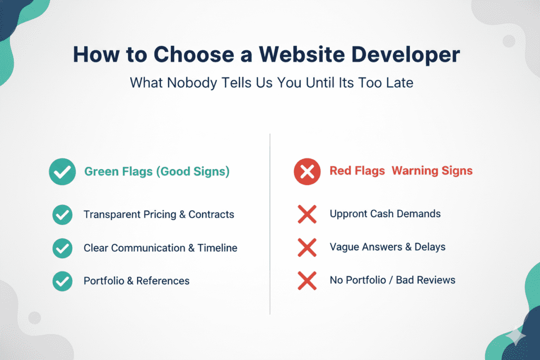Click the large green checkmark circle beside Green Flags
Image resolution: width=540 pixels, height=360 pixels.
(x=62, y=172)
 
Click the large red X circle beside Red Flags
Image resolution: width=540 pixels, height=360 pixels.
(x=307, y=172)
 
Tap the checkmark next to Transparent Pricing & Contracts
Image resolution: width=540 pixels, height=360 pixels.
(x=62, y=215)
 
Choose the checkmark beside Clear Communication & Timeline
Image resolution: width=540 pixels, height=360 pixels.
(x=62, y=248)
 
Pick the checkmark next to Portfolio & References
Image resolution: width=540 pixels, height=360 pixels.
(x=62, y=281)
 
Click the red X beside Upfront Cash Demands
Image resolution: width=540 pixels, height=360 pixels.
(x=307, y=215)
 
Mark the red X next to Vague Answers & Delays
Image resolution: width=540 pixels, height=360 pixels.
(x=307, y=247)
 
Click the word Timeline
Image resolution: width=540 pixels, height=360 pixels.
(x=217, y=248)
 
